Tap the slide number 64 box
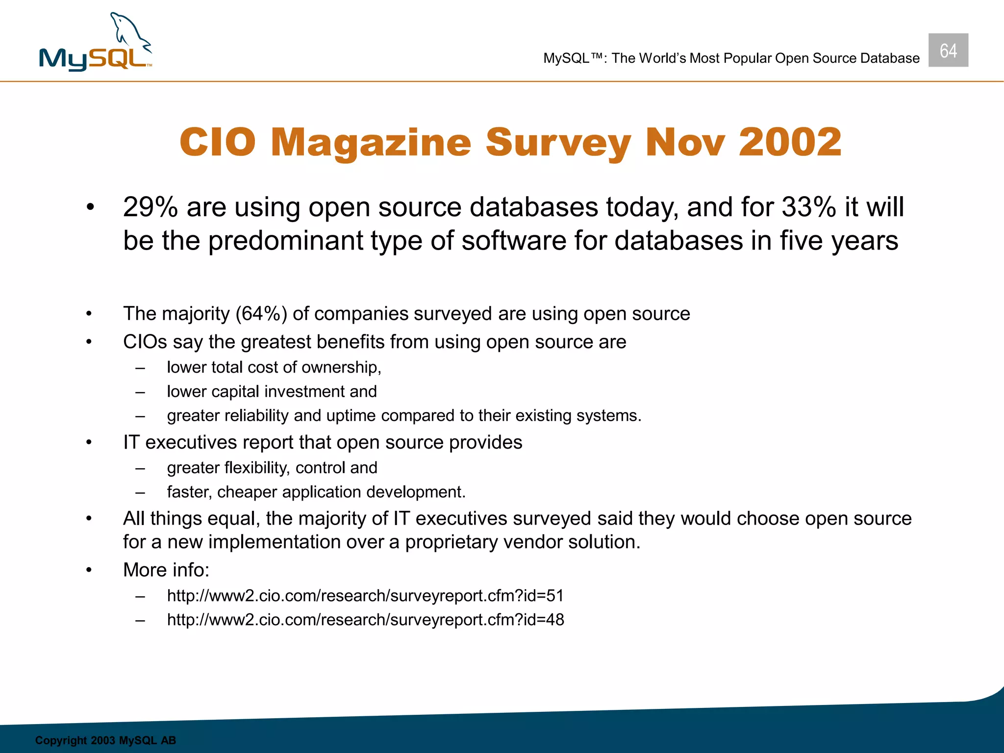(x=948, y=50)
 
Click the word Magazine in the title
(x=371, y=143)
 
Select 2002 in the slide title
(x=790, y=143)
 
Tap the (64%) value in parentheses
(x=261, y=314)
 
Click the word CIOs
(x=145, y=342)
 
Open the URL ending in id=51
(x=365, y=596)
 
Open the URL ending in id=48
(x=365, y=620)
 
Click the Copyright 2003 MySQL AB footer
(x=105, y=740)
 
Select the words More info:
(x=166, y=570)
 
